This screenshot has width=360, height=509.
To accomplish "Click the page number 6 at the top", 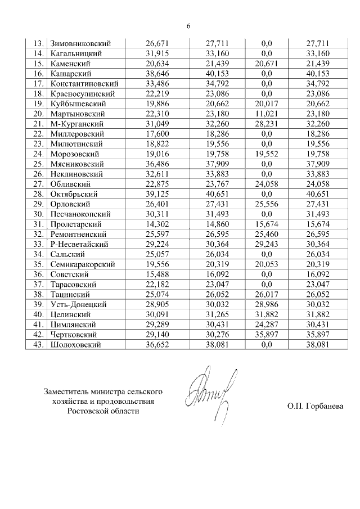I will click(x=188, y=26).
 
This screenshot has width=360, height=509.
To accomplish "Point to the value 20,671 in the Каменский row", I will click(x=267, y=64).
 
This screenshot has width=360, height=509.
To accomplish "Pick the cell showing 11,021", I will click(x=267, y=114).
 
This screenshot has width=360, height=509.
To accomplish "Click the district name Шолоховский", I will click(x=76, y=345).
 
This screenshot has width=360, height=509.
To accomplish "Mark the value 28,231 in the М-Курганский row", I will click(x=267, y=124).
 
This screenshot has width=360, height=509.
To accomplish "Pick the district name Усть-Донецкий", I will click(x=78, y=304).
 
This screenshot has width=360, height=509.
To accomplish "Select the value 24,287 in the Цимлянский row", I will click(x=267, y=325).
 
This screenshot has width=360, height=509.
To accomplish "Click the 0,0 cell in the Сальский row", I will click(x=267, y=254).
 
